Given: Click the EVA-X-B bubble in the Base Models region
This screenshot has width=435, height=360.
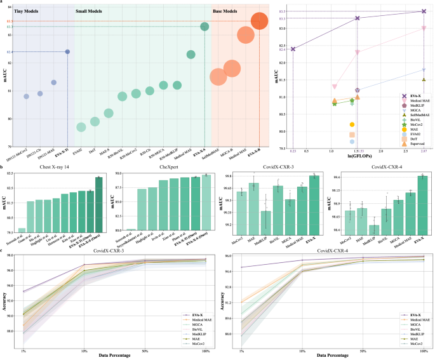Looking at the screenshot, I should (x=259, y=22).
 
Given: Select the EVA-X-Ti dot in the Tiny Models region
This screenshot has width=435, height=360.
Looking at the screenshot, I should (x=67, y=51).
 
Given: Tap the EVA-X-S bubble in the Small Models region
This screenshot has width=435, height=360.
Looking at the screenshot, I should (x=204, y=26).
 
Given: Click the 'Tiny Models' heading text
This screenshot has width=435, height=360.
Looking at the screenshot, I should (x=29, y=12).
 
